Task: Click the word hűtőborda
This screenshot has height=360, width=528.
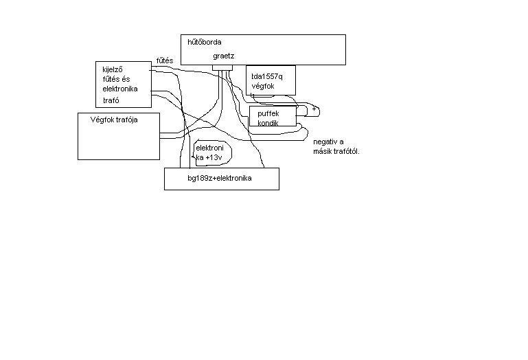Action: [x=205, y=42]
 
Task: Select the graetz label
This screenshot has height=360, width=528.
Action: [x=224, y=56]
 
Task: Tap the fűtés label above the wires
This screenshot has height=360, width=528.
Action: [x=165, y=60]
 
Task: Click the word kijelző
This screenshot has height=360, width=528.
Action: [x=113, y=70]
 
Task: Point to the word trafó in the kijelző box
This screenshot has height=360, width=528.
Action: [x=111, y=100]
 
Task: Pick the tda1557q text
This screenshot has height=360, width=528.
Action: [x=267, y=76]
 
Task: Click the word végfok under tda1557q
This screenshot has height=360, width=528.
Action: [x=263, y=87]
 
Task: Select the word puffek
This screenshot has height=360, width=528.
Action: [x=268, y=113]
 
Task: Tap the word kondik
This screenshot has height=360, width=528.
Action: [x=268, y=123]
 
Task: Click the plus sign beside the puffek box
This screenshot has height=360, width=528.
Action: [x=314, y=109]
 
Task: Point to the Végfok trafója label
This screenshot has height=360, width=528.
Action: [x=114, y=120]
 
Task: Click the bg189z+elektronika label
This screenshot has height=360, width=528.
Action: [x=220, y=179]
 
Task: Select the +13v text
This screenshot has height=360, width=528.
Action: [x=214, y=157]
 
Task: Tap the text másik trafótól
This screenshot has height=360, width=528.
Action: [x=336, y=151]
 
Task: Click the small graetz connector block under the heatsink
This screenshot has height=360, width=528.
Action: [x=222, y=68]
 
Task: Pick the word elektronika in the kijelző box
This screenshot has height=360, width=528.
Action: [x=120, y=89]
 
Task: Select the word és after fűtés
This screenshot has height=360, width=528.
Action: [x=126, y=79]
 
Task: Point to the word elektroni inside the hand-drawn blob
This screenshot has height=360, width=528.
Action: [x=209, y=148]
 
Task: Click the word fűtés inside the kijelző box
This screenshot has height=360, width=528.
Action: [x=111, y=79]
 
